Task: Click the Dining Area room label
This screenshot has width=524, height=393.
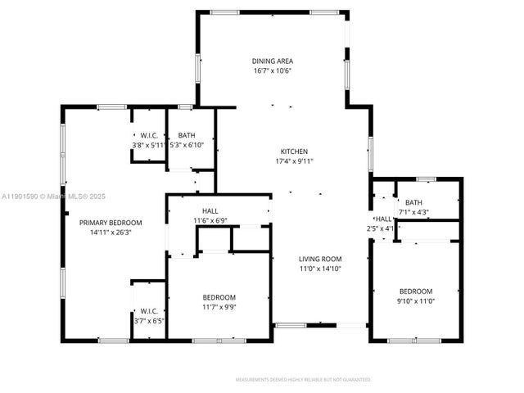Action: click(272, 61)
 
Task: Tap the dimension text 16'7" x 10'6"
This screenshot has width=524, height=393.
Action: click(272, 71)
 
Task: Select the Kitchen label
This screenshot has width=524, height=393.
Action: click(294, 151)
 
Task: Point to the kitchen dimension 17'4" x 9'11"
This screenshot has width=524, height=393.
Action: click(294, 161)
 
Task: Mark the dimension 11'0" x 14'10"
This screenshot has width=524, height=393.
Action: click(319, 269)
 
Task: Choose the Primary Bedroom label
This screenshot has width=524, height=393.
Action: click(111, 223)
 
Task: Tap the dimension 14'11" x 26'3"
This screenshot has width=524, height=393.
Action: click(111, 233)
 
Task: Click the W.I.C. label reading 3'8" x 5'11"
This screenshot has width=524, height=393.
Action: click(149, 135)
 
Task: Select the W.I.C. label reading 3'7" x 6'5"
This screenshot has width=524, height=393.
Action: click(149, 310)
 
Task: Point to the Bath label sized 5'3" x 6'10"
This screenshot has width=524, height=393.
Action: click(187, 135)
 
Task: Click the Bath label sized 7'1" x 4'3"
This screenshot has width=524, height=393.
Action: click(413, 203)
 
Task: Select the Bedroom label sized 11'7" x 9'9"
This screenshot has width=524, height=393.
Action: click(219, 297)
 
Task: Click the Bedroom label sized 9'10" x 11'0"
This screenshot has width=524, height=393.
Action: click(416, 291)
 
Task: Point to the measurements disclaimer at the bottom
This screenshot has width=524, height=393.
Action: click(303, 380)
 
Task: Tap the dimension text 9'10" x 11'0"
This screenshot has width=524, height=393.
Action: click(416, 301)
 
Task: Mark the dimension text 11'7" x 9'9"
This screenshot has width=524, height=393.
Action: click(219, 307)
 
